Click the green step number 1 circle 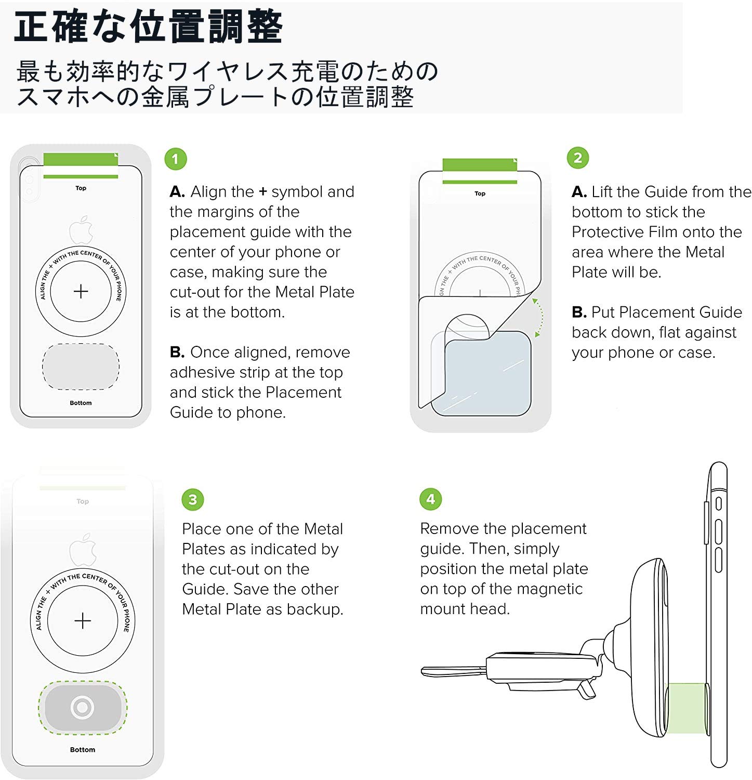point(175,159)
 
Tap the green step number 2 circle point(578,158)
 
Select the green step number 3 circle point(193,500)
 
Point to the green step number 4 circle point(430,499)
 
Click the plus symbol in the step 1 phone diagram point(81,291)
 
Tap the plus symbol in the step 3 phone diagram point(83,621)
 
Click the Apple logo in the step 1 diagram point(81,230)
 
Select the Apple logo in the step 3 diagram point(83,550)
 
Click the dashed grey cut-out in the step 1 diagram point(81,366)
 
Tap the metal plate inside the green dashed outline point(83,708)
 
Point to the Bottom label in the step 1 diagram point(81,403)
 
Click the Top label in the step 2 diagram point(480,193)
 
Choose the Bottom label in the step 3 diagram point(83,750)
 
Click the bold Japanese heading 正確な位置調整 point(148,27)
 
